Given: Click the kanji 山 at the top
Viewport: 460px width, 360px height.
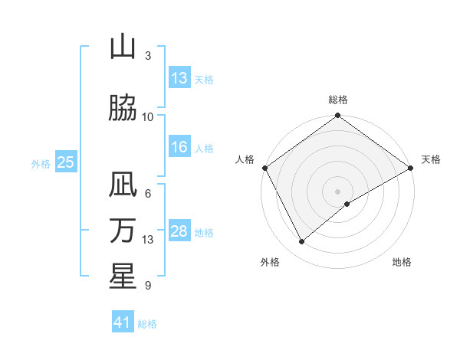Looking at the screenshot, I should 123,48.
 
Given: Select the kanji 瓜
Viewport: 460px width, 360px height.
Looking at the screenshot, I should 123,186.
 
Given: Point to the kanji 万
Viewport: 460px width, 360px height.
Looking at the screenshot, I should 123,231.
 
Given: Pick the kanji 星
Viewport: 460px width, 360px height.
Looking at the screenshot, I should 123,276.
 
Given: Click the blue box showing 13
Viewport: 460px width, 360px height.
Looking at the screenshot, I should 179,78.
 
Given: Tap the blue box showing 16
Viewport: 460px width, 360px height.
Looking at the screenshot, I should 179,148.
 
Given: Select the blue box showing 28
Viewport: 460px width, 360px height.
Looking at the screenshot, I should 179,231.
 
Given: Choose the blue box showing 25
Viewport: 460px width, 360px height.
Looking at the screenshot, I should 66,162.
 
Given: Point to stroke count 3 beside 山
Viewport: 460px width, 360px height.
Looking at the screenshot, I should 148,56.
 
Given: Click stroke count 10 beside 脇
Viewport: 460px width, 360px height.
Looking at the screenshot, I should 148,116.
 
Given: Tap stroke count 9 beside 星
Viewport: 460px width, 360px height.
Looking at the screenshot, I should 148,286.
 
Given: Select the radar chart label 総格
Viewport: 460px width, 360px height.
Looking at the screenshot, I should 338,100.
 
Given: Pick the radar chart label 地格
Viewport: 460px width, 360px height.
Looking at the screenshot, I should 402,262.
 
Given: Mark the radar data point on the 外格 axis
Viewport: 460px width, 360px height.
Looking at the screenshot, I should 301,241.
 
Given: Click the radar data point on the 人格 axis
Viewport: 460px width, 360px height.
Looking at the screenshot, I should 264,168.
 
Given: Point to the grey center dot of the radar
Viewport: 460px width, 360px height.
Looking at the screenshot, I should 338,191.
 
